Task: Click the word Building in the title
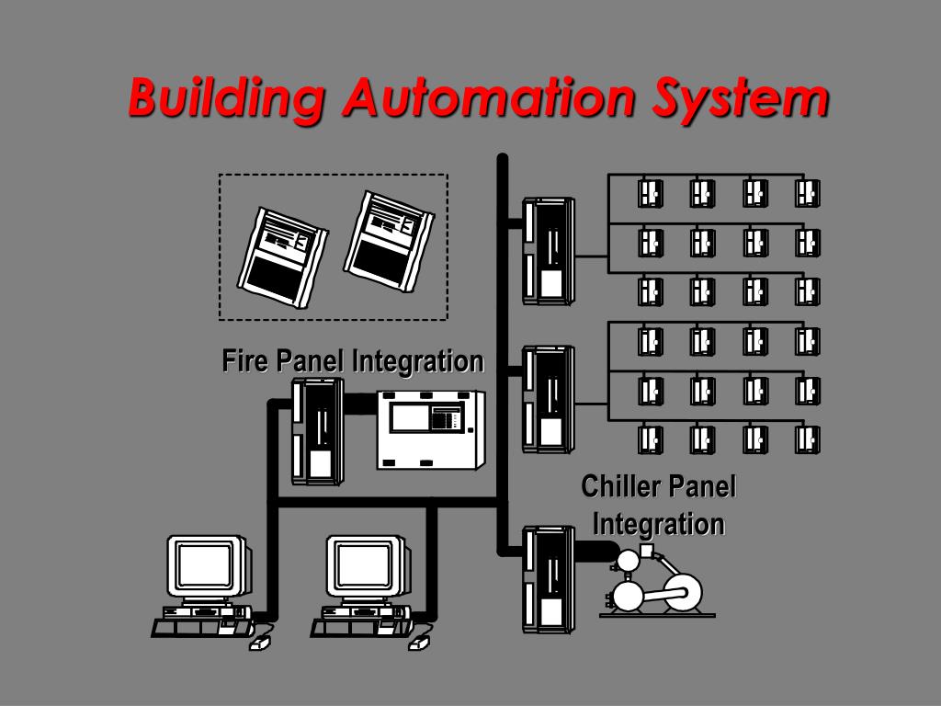[225, 97]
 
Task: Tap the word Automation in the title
[488, 97]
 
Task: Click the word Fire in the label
[245, 360]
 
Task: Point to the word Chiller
[620, 486]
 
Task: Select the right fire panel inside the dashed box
[387, 241]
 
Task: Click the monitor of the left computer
[206, 565]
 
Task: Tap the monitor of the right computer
[366, 565]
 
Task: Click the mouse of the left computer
[259, 643]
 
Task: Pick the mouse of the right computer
[419, 643]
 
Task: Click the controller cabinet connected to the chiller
[548, 578]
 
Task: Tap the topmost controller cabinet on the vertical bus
[548, 250]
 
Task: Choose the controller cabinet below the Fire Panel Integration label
[317, 431]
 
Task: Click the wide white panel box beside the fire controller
[431, 429]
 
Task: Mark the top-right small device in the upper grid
[807, 193]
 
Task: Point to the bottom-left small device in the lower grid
[651, 440]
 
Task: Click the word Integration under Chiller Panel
[658, 524]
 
